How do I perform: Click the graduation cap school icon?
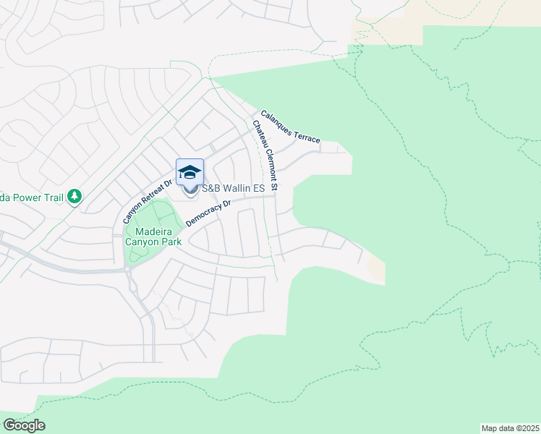[x=189, y=171]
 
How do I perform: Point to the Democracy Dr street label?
[x=208, y=213]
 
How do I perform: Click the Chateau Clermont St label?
[x=265, y=156]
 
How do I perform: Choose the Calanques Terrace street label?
[x=290, y=126]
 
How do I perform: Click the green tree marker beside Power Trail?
[x=74, y=196]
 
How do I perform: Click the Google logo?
[x=24, y=425]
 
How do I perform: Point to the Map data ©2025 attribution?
[x=510, y=427]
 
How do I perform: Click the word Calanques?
[x=277, y=119]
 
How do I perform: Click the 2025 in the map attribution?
[x=529, y=427]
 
